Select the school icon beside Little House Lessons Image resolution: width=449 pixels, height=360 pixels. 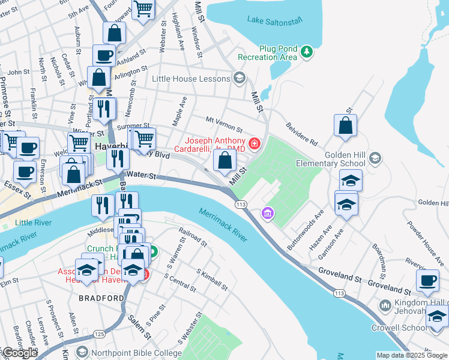coord(239,79)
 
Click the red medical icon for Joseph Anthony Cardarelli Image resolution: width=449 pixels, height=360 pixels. coord(255,143)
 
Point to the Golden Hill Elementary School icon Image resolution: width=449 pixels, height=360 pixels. coord(375,158)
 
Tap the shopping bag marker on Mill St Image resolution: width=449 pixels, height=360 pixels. coord(224,160)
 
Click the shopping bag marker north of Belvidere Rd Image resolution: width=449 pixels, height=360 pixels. coord(345,126)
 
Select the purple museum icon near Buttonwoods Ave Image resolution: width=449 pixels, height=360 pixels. coord(267,213)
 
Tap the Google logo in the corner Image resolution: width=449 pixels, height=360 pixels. coord(19,353)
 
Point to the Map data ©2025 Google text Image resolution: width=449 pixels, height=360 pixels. coord(412,355)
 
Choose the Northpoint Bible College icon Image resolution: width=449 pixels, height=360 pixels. coord(82,352)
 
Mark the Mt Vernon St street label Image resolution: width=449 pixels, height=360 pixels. coord(223,125)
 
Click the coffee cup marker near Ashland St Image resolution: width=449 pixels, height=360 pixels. coord(104,55)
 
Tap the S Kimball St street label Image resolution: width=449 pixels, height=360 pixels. coord(212,280)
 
